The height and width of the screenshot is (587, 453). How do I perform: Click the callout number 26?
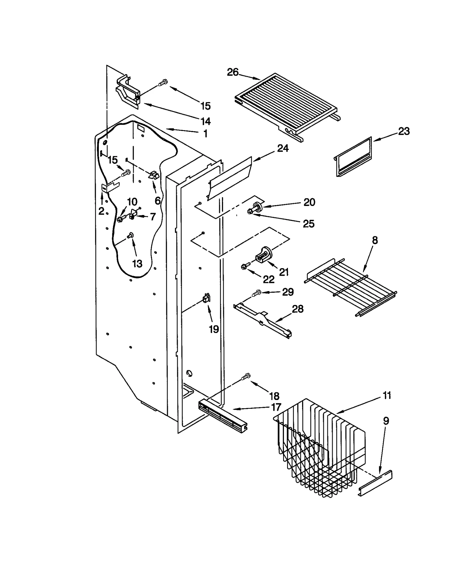pos(233,72)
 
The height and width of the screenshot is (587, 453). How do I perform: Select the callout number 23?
pos(404,131)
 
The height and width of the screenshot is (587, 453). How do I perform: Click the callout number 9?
pos(386,421)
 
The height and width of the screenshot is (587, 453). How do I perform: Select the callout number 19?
pos(214,329)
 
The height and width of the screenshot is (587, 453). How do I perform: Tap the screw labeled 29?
pos(257,293)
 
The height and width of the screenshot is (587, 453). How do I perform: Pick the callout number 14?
pos(206,121)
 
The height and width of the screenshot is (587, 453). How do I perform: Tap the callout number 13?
pos(137,264)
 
